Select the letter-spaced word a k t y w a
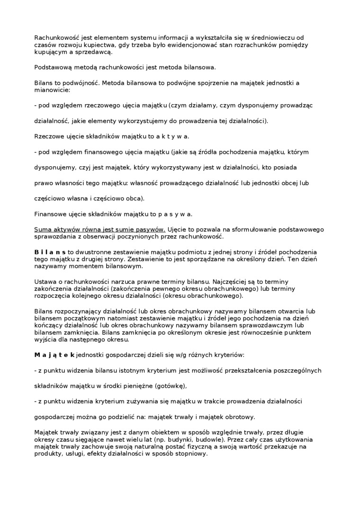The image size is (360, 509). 173,136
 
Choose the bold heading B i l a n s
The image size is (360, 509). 50,252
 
